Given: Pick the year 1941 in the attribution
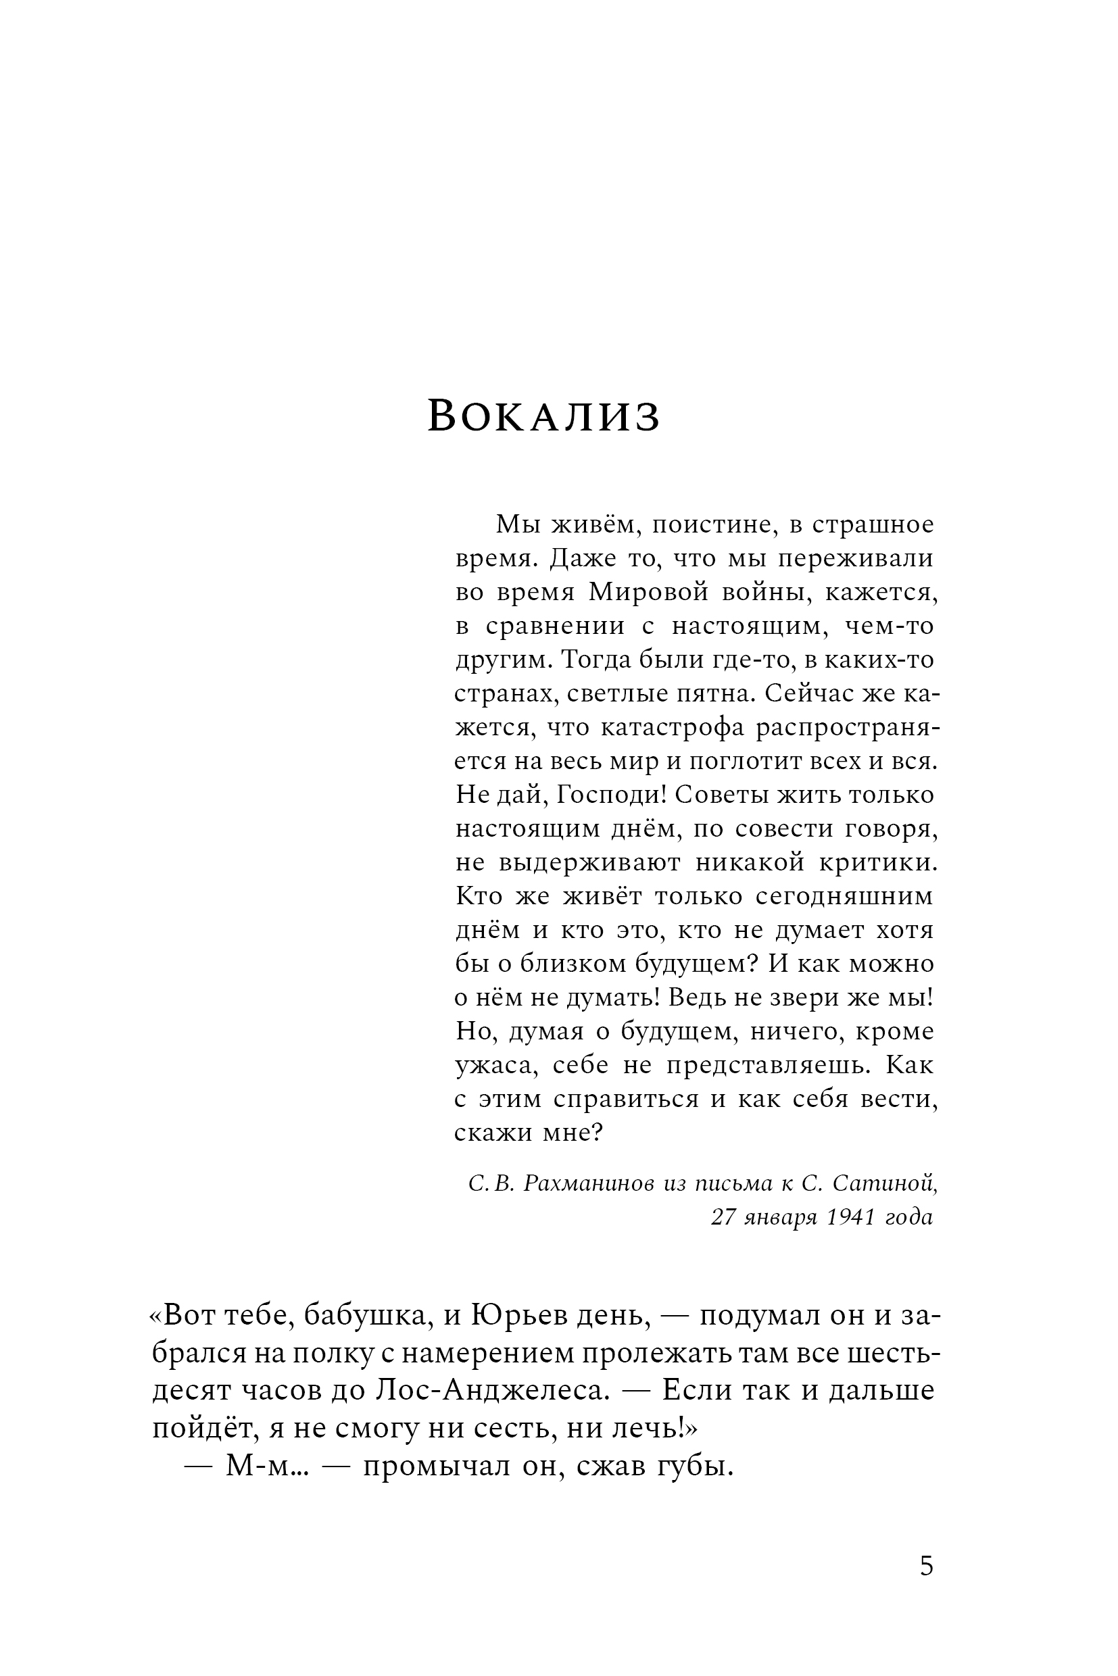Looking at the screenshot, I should [x=850, y=1217].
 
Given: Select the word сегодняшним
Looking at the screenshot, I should [x=844, y=896].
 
